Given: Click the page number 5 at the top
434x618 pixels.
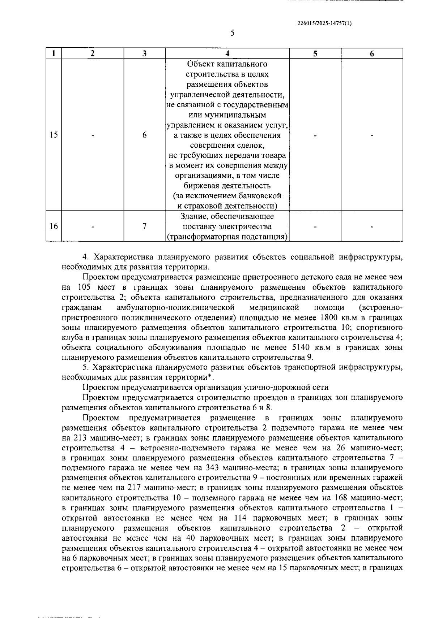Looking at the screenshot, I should tap(233, 33).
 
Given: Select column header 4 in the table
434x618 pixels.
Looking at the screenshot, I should tap(227, 54).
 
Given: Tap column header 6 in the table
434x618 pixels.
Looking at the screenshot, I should tap(371, 54).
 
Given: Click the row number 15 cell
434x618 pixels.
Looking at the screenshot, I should tap(54, 135).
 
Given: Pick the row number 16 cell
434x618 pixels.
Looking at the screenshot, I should tap(54, 226).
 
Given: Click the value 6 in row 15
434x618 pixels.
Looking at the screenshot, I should tap(144, 135).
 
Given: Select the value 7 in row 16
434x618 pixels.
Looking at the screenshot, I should tap(144, 226).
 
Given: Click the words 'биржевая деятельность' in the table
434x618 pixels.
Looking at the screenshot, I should tap(227, 186).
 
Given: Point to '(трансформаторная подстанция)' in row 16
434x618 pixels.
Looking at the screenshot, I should tap(227, 237).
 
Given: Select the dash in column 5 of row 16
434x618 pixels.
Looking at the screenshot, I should tap(315, 226).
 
